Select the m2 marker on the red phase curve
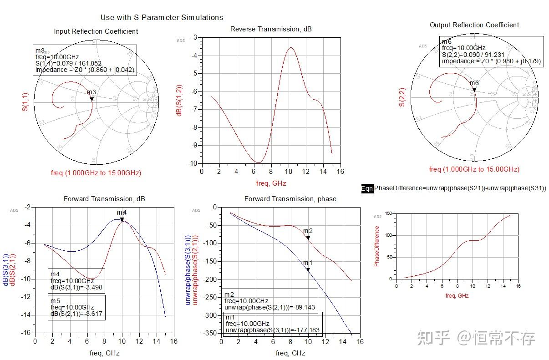308,238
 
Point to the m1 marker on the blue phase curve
308,269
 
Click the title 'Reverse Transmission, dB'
271,29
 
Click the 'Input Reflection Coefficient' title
96,31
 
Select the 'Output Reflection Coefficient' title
474,25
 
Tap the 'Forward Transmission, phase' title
290,199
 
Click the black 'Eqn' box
367,188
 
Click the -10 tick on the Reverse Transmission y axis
194,163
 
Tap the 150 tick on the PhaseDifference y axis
387,213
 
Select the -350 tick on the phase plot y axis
209,333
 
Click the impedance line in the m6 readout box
491,61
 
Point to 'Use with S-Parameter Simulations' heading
162,17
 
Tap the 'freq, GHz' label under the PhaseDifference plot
457,295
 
